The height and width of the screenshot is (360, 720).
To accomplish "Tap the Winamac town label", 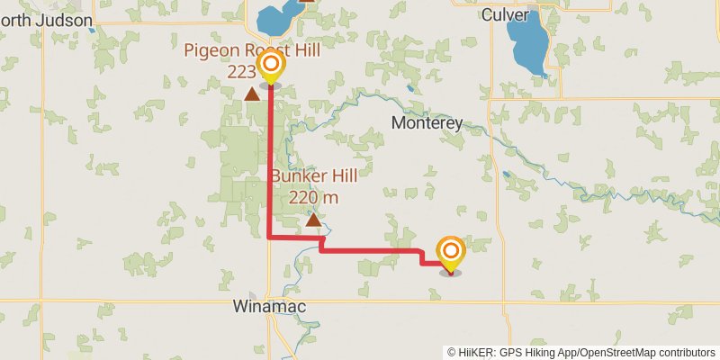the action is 268,307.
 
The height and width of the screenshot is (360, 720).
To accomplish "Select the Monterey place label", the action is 427,123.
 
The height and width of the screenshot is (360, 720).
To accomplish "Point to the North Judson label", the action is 47,19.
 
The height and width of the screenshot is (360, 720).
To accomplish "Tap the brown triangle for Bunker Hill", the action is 313,220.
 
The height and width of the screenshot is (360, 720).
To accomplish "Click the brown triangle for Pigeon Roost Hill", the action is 252,93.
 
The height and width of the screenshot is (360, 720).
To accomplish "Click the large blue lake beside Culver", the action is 526,45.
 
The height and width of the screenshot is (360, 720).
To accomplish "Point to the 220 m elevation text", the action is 313,197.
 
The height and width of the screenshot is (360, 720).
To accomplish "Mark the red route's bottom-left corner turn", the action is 271,238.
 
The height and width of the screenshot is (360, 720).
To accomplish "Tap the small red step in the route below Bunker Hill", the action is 321,244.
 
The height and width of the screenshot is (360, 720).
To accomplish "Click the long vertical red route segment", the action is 271,162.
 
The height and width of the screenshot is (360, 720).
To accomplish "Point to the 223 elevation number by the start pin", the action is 241,71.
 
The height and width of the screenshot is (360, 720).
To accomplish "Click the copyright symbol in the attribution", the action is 451,353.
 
